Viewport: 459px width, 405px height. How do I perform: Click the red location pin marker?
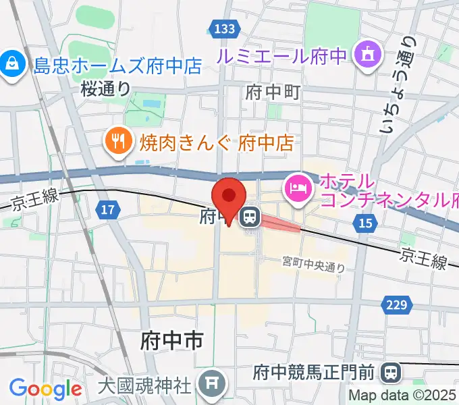(x=229, y=198)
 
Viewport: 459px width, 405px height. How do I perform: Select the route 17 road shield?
(x=108, y=211)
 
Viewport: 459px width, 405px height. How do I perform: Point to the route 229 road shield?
(x=397, y=305)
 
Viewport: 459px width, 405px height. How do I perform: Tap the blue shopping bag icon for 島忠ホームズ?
(x=12, y=65)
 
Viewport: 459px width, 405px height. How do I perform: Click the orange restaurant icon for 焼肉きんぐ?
(x=119, y=140)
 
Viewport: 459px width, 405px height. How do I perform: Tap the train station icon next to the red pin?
(x=250, y=217)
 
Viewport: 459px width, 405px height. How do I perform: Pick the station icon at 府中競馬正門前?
(x=389, y=371)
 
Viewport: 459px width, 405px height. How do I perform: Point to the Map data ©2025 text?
(x=402, y=396)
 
